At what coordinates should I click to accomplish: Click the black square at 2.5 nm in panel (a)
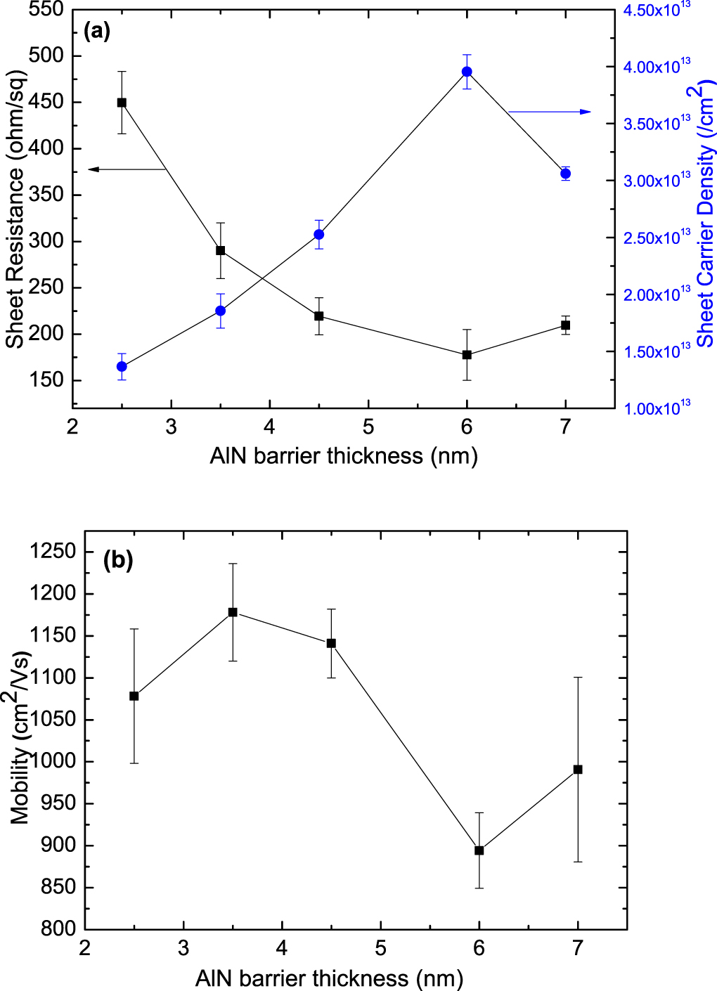122,103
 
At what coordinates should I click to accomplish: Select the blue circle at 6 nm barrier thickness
467,72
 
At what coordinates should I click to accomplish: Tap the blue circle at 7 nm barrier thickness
565,174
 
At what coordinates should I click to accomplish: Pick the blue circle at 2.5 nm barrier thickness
122,366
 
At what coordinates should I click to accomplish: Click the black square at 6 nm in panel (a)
467,355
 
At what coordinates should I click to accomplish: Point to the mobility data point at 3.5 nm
233,612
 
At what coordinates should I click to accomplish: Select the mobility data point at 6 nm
479,850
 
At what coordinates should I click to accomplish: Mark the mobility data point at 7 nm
578,770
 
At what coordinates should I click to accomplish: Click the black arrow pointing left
127,169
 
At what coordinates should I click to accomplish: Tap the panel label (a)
96,31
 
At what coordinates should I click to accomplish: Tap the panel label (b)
117,560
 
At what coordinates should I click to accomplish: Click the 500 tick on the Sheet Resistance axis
46,56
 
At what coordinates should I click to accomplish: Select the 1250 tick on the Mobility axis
52,552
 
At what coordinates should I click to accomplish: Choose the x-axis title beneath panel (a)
344,456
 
